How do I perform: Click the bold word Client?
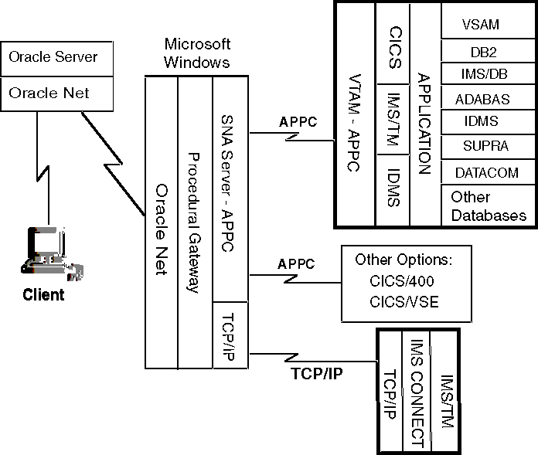tap(43, 294)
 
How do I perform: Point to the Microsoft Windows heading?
tap(197, 53)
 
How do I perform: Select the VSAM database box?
tap(480, 24)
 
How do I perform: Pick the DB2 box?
tap(480, 50)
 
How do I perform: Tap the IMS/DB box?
tap(480, 74)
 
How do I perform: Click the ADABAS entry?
tap(480, 99)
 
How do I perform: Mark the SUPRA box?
tap(480, 145)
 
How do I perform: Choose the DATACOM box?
tap(480, 172)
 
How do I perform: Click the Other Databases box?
tap(488, 206)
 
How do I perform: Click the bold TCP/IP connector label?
tap(317, 372)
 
